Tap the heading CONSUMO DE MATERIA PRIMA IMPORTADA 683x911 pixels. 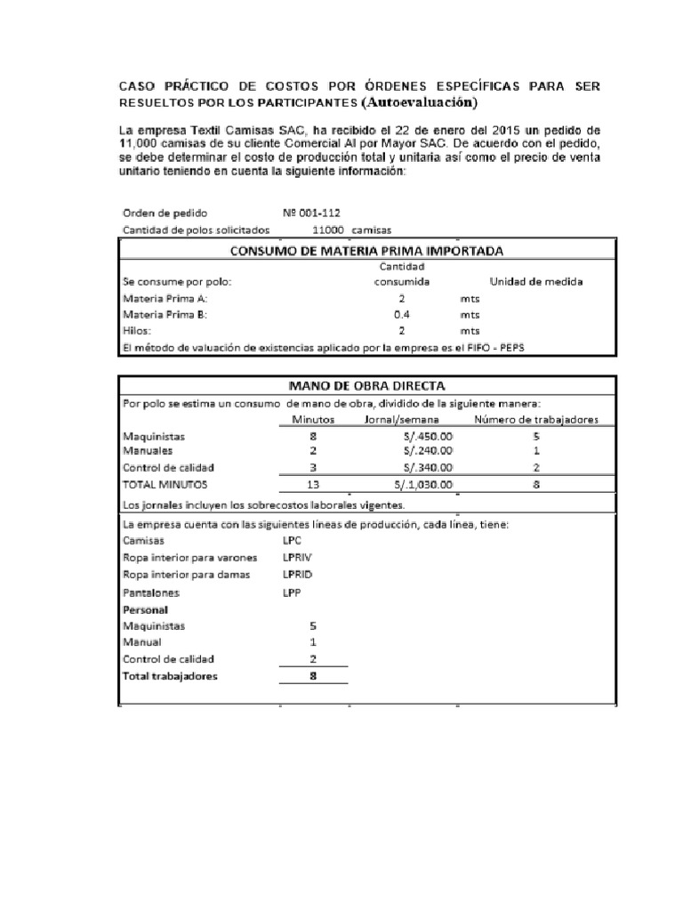point(366,251)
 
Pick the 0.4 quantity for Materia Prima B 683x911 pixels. point(402,314)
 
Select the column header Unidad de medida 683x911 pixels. point(536,282)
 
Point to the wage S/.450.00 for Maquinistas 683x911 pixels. point(428,437)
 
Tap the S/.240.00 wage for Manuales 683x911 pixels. point(428,451)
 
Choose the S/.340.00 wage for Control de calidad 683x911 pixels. point(428,468)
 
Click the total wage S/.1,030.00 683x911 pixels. point(423,485)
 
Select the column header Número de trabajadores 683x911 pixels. point(535,420)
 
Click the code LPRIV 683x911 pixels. point(299,558)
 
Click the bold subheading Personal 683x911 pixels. point(145,609)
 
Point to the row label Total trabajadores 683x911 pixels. point(169,676)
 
